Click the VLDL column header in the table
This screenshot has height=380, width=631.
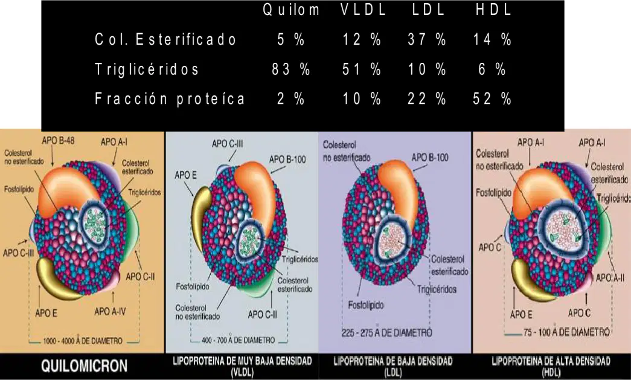click(363, 10)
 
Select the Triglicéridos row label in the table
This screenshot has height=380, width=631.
click(147, 69)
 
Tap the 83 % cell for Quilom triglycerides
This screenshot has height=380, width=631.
click(290, 69)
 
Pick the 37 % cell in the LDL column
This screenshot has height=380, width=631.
click(426, 39)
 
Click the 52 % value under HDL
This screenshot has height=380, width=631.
click(492, 98)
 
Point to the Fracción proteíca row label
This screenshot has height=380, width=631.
click(170, 98)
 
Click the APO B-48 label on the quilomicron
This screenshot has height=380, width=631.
click(58, 141)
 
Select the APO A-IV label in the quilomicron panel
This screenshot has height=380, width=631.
click(111, 311)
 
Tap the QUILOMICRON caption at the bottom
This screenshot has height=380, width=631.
click(84, 366)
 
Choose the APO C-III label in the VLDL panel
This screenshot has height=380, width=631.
click(228, 144)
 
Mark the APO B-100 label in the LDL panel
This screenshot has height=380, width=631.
click(430, 157)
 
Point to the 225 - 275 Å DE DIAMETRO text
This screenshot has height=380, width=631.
click(386, 332)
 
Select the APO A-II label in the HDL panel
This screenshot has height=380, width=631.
click(610, 278)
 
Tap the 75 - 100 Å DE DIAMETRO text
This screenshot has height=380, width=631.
click(566, 332)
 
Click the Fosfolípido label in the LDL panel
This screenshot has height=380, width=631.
click(366, 305)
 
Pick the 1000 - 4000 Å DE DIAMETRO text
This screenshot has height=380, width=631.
click(83, 341)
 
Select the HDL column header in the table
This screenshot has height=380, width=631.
click(493, 10)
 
